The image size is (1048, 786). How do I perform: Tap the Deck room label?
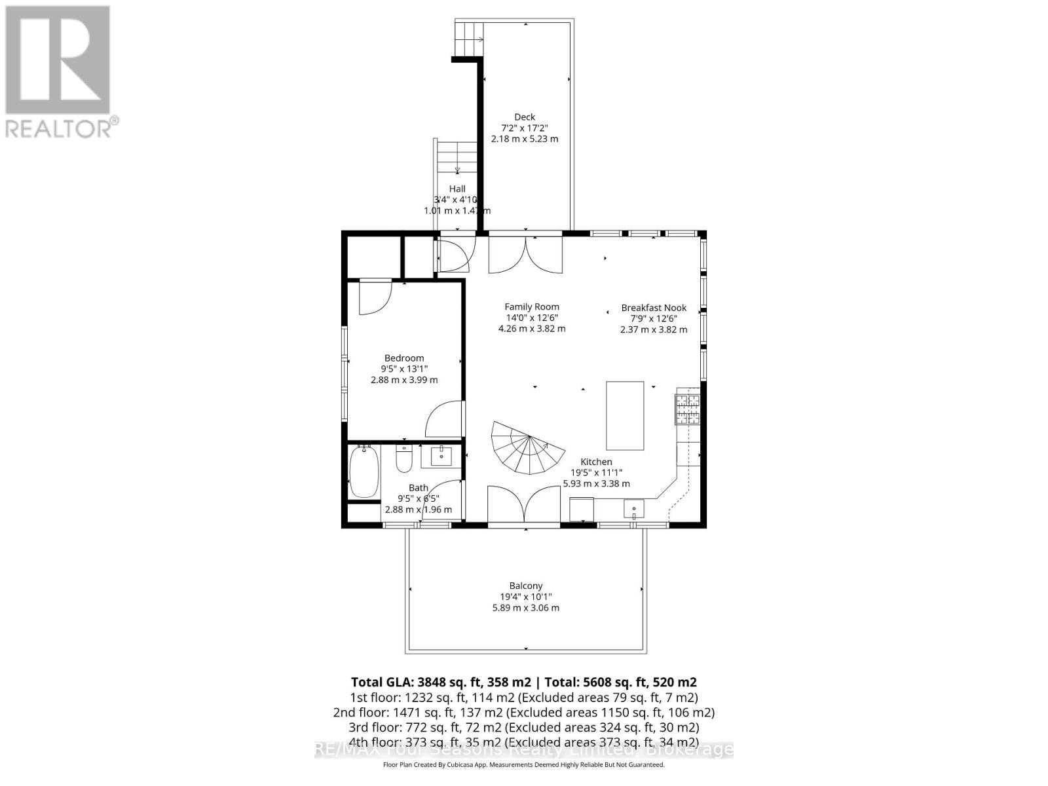pyautogui.click(x=524, y=117)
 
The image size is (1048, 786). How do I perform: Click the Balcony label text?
pyautogui.click(x=525, y=586)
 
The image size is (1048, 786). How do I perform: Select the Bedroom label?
pyautogui.click(x=403, y=358)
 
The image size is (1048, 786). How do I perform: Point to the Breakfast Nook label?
pyautogui.click(x=654, y=308)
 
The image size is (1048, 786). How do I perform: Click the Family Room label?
pyautogui.click(x=531, y=307)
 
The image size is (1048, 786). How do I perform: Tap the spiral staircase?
pyautogui.click(x=527, y=447)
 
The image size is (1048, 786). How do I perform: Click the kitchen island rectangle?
pyautogui.click(x=624, y=415)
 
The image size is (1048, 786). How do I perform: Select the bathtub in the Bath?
pyautogui.click(x=364, y=471)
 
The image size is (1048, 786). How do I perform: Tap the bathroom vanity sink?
pyautogui.click(x=441, y=456)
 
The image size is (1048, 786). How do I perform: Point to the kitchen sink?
pyautogui.click(x=633, y=508)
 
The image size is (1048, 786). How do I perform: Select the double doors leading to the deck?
pyautogui.click(x=525, y=254)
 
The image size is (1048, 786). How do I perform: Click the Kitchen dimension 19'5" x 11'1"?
pyautogui.click(x=596, y=472)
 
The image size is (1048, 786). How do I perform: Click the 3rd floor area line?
pyautogui.click(x=524, y=727)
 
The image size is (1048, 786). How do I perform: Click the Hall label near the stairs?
pyautogui.click(x=457, y=189)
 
